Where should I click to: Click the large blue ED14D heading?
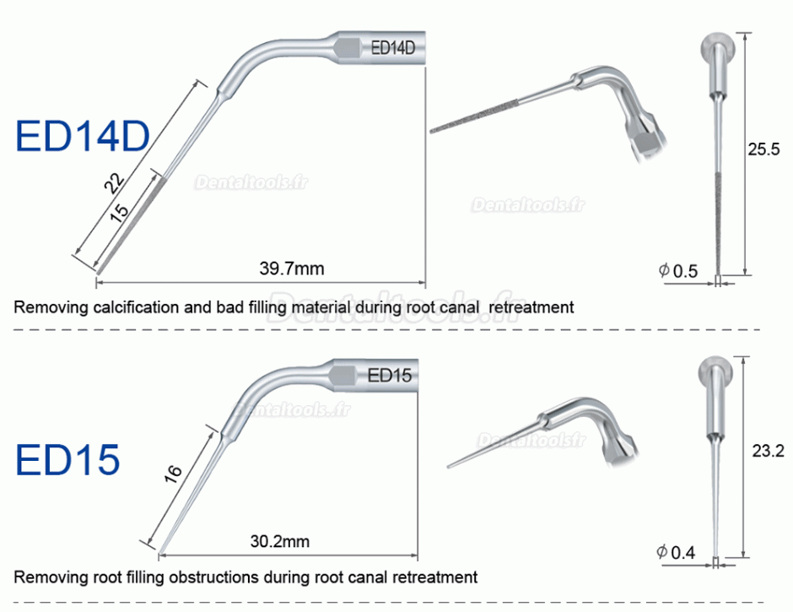(83, 136)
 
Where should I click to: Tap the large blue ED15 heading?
(67, 459)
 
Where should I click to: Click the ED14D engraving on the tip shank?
(393, 48)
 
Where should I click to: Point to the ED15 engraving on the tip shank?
(390, 376)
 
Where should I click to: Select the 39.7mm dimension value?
(292, 268)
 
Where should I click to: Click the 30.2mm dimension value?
(280, 541)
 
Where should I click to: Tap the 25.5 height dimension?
(764, 149)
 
